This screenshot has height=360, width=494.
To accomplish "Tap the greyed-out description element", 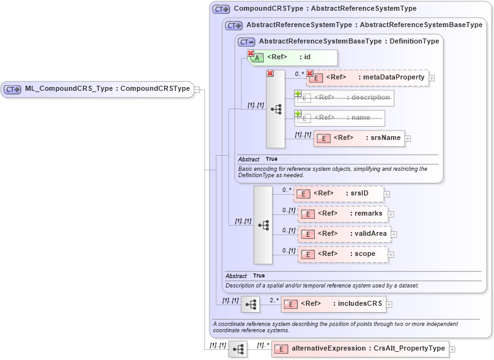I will [344, 98].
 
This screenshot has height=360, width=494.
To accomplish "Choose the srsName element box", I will [359, 138].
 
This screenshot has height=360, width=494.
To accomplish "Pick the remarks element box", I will [343, 214].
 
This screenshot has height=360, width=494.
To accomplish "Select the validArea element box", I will [344, 234].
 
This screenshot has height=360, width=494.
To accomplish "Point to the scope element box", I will [344, 254].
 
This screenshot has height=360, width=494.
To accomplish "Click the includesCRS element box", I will [333, 304].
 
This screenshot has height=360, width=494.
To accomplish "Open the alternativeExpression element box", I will [359, 349].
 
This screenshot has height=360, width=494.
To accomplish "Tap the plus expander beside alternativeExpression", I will [452, 349].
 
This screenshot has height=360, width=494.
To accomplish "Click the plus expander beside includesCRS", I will [389, 304].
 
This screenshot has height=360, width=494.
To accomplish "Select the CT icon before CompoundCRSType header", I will [221, 9].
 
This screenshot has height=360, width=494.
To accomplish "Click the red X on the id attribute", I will [250, 54].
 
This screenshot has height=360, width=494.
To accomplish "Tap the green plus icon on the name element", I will [298, 114].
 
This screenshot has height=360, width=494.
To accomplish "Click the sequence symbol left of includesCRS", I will [250, 305].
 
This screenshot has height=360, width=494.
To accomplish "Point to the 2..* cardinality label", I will [274, 300].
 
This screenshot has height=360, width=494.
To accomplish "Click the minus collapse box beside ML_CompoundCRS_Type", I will [197, 89].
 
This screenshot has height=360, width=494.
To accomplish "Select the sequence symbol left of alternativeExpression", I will [238, 349].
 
